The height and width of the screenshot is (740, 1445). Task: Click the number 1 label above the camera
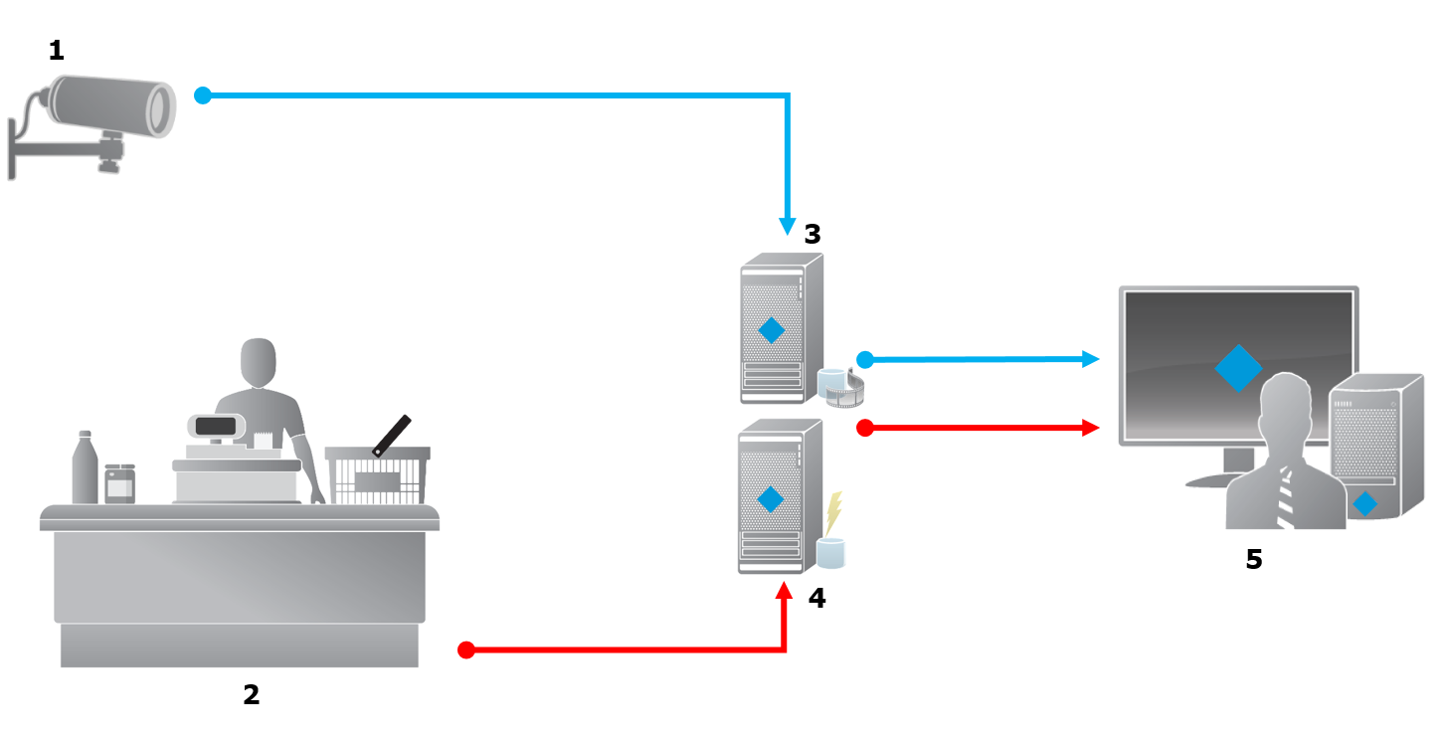tap(57, 50)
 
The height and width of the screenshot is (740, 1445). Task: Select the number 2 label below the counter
tap(252, 694)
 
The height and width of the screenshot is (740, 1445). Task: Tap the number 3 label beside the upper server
tap(813, 235)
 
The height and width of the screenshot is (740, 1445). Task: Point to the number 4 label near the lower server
tap(816, 598)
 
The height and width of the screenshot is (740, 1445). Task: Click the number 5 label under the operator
tap(1254, 559)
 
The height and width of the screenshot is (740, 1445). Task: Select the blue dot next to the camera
tap(203, 95)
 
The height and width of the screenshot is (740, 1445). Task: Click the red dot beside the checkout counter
tap(465, 650)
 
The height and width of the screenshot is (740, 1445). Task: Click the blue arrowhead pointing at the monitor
tap(1091, 358)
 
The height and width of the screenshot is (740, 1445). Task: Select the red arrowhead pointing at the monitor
tap(1091, 428)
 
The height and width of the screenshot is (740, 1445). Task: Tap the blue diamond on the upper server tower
tap(771, 330)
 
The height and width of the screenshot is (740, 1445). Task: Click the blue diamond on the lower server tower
tap(770, 499)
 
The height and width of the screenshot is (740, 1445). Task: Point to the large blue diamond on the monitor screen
tap(1238, 368)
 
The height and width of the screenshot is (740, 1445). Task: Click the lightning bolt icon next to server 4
tap(833, 512)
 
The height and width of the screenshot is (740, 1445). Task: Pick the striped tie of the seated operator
tap(1286, 497)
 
